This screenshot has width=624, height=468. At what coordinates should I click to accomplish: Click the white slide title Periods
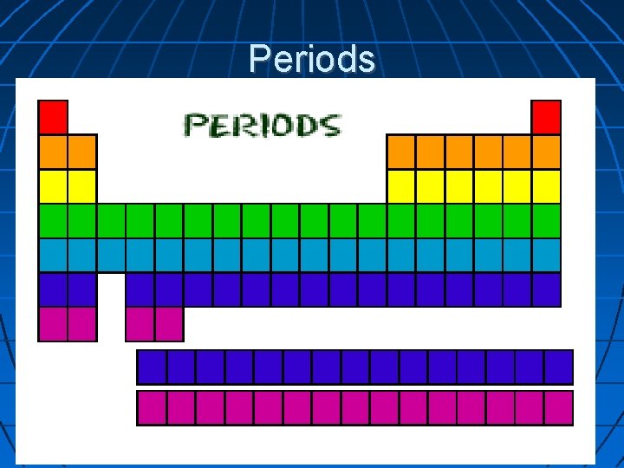click(312, 59)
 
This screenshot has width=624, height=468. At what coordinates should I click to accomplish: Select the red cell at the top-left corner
click(53, 116)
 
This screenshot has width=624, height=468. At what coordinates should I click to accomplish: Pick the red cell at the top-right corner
click(546, 116)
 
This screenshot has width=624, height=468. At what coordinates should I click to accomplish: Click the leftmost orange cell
click(53, 151)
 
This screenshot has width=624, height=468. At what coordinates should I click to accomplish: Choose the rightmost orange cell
click(546, 151)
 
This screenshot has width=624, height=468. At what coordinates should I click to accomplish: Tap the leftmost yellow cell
click(53, 185)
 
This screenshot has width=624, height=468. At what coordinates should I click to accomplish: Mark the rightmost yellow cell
click(546, 185)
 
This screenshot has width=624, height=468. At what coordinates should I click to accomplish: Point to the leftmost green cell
click(53, 220)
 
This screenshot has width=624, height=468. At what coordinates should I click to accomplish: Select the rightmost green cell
click(546, 220)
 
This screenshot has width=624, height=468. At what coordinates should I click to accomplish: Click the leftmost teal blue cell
click(53, 255)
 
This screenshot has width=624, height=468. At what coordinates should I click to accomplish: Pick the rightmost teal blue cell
click(546, 255)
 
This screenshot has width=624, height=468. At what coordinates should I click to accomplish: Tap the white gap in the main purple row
click(111, 289)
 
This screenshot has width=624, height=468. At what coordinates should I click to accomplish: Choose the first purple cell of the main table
click(53, 289)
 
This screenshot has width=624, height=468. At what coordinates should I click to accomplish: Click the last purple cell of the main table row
click(546, 289)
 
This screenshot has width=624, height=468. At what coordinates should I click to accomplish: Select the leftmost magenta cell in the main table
click(53, 324)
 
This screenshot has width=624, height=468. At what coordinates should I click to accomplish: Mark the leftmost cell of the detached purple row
click(152, 367)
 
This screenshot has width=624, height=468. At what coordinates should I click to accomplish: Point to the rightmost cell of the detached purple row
click(558, 367)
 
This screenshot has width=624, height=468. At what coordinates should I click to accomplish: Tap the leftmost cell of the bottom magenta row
click(152, 407)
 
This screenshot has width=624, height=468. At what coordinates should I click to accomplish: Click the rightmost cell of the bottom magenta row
click(558, 407)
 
